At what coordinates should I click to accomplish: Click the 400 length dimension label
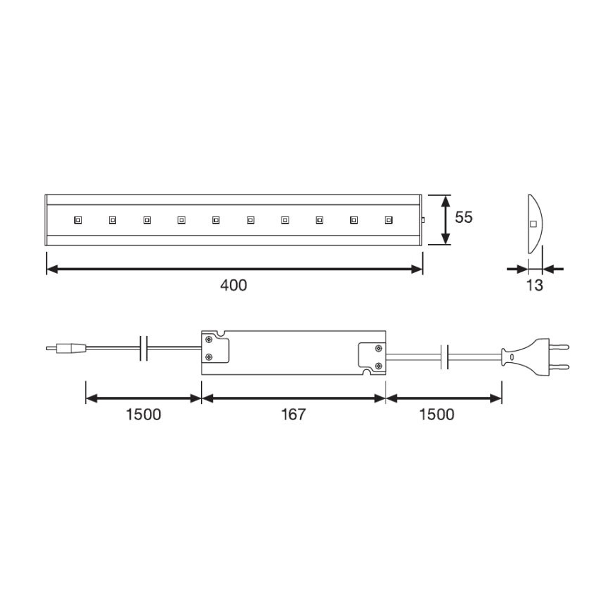(234, 285)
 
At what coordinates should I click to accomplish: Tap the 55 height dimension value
(463, 218)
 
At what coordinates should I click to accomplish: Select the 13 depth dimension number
(535, 285)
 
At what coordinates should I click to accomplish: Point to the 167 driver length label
(293, 414)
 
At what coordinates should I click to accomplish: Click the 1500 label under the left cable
(144, 414)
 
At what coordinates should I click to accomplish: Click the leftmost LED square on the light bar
(77, 220)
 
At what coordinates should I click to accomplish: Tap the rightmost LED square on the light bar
(388, 220)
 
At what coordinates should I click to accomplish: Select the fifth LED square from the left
(215, 220)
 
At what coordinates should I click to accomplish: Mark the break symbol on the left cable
(144, 347)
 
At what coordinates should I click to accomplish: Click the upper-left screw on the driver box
(209, 340)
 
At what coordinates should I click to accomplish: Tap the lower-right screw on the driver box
(379, 365)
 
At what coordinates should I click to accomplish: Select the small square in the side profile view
(533, 225)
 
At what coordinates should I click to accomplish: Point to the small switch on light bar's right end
(423, 220)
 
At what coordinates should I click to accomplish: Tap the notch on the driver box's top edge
(221, 333)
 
